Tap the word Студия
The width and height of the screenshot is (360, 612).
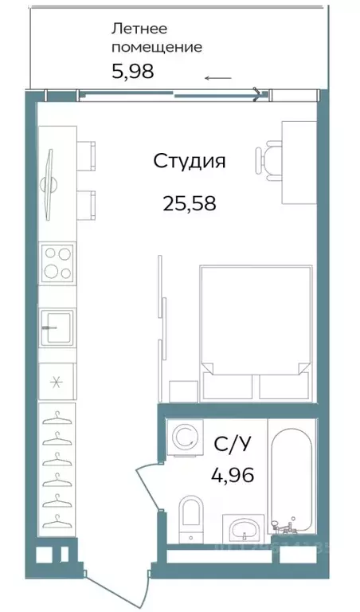click(x=190, y=162)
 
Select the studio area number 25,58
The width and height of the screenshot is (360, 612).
click(x=190, y=203)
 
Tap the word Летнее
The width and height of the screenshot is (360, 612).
click(x=139, y=29)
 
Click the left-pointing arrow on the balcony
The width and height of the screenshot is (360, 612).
click(x=218, y=78)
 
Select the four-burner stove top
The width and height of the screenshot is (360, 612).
click(x=57, y=262)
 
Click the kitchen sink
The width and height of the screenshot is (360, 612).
click(x=57, y=325)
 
